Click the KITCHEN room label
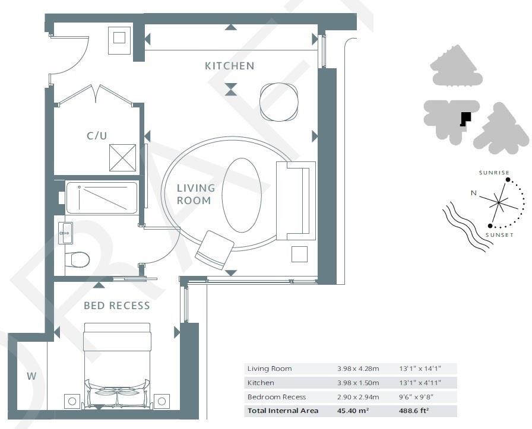(x=229, y=66)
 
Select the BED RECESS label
(x=117, y=306)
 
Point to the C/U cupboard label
(x=97, y=136)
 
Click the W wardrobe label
(x=31, y=376)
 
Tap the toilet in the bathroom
(x=77, y=259)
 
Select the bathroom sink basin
(x=65, y=233)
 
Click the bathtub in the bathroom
(x=102, y=198)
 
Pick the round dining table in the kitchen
(x=278, y=102)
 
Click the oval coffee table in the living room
(x=242, y=195)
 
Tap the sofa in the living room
(x=296, y=201)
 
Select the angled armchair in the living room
(x=214, y=250)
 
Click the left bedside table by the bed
(x=72, y=402)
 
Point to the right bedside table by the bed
(x=161, y=402)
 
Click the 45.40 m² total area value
(x=353, y=411)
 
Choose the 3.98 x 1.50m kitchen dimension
(x=358, y=383)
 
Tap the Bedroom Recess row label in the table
(x=277, y=397)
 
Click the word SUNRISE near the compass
(x=494, y=173)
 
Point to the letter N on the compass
(x=474, y=193)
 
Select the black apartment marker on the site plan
(x=465, y=119)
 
